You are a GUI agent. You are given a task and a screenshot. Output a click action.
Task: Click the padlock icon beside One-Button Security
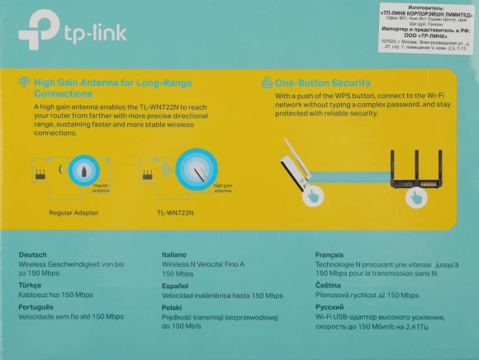[267, 83]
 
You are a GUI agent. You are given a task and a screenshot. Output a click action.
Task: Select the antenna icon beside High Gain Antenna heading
[24, 83]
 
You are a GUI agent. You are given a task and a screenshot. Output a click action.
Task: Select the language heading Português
[37, 306]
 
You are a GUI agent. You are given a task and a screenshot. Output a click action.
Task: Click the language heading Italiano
[176, 255]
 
